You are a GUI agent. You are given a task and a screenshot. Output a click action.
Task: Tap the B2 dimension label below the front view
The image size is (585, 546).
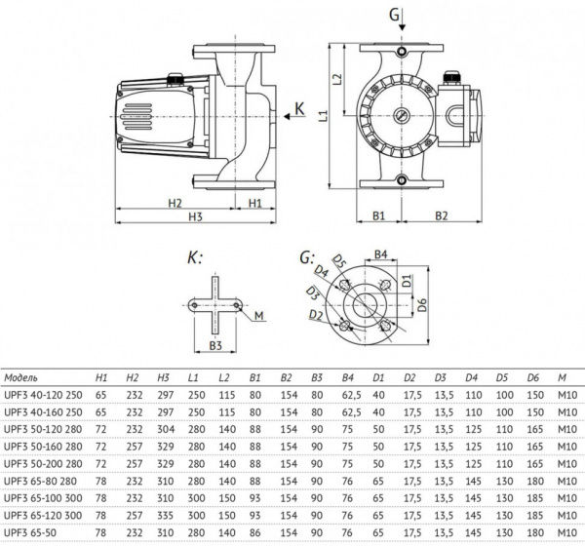441,214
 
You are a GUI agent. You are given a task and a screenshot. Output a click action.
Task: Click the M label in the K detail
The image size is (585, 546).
259,315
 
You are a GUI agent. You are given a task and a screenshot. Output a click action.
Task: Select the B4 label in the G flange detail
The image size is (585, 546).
383,254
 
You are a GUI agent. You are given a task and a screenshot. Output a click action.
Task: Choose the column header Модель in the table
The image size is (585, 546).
22,377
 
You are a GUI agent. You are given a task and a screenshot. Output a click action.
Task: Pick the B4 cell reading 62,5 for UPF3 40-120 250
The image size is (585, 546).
347,395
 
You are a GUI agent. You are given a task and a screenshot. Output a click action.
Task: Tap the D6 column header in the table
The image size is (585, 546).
533,377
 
